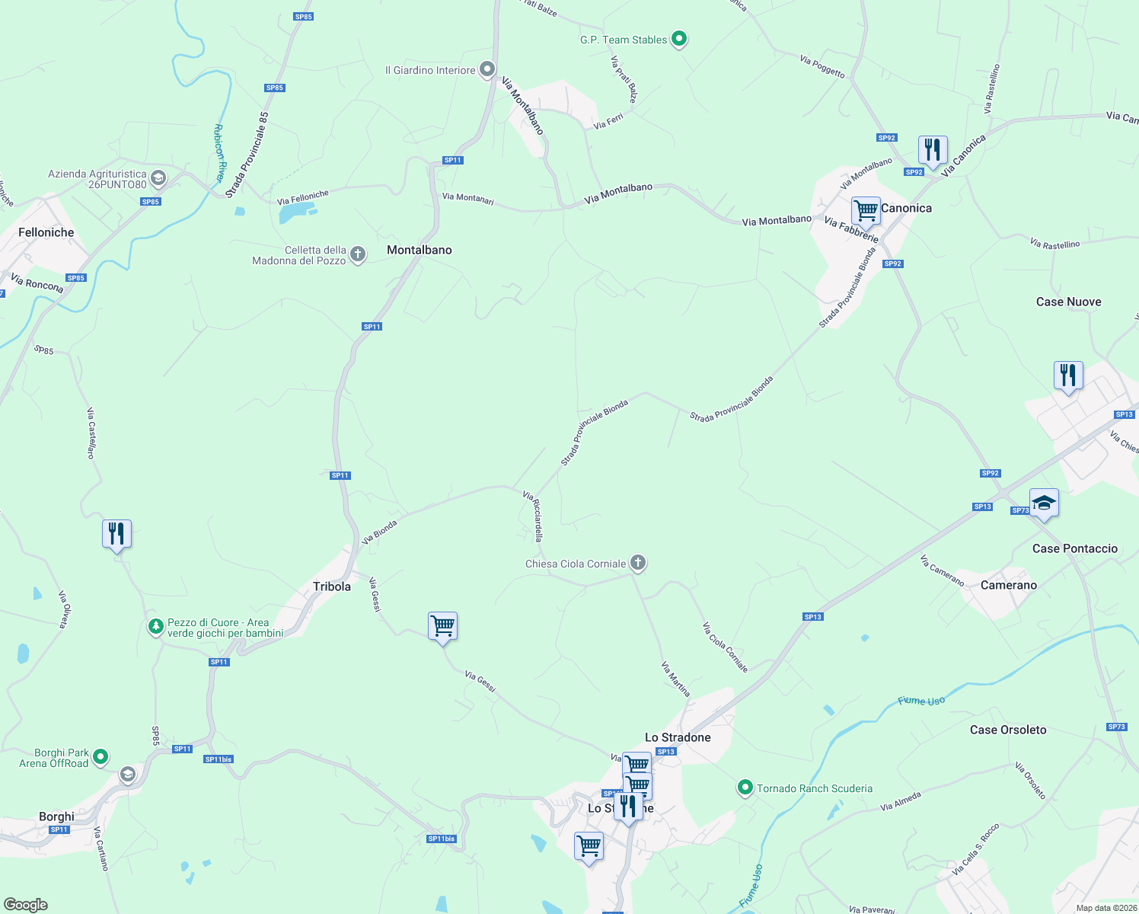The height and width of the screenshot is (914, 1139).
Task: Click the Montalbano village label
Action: (419, 250)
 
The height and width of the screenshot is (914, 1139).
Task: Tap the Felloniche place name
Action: (46, 232)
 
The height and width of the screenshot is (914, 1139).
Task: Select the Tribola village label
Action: (332, 586)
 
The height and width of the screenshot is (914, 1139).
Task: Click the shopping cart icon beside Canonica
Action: (866, 210)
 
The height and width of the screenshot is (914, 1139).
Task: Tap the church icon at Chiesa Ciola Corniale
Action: (638, 563)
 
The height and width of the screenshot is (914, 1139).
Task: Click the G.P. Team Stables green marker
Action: (678, 39)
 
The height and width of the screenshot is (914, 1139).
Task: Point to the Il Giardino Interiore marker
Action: (487, 69)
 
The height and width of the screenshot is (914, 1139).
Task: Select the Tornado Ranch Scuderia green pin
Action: (745, 788)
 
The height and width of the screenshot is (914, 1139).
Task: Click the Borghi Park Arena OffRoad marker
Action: (100, 757)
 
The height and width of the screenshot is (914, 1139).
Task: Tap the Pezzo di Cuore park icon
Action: (155, 627)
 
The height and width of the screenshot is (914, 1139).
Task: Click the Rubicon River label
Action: (220, 153)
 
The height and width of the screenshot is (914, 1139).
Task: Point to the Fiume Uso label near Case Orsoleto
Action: (921, 701)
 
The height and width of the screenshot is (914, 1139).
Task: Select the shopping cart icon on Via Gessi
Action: (442, 627)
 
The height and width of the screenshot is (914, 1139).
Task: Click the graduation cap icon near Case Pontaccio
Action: (1044, 503)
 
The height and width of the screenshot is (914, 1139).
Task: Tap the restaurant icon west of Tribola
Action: (116, 533)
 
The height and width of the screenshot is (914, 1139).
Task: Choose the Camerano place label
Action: (1008, 585)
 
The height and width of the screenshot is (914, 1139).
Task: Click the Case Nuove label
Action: (1068, 302)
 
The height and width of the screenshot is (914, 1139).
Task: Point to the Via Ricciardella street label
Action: (533, 516)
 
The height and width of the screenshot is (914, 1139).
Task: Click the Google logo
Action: (26, 904)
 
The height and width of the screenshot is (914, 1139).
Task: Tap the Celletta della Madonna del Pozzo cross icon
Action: (357, 254)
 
